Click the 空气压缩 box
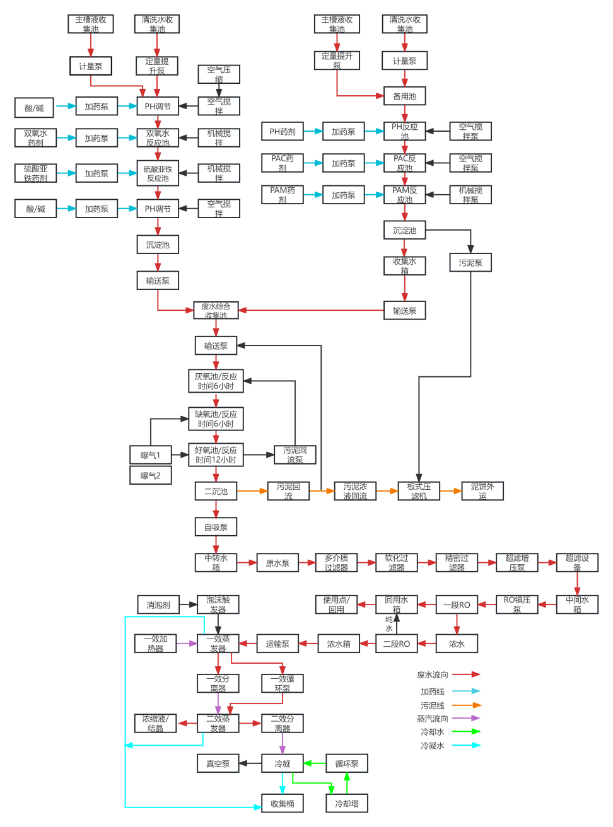click(x=219, y=74)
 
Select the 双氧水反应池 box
click(x=158, y=138)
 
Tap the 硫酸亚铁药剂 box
click(x=35, y=173)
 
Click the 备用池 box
click(x=404, y=96)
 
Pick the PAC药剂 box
click(x=282, y=163)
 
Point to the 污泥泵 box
click(x=470, y=263)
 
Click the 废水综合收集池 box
click(x=216, y=310)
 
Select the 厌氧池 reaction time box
click(x=216, y=381)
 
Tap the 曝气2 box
click(x=150, y=475)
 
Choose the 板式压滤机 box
click(x=419, y=491)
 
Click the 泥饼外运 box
click(x=482, y=491)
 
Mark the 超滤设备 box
click(x=577, y=562)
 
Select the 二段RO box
click(x=396, y=644)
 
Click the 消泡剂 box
click(x=158, y=605)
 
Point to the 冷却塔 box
click(x=346, y=803)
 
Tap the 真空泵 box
click(x=218, y=763)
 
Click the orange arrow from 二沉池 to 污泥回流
click(x=252, y=491)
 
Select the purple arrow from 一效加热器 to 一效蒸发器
click(x=187, y=644)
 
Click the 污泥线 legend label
click(x=433, y=706)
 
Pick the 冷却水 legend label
click(x=433, y=732)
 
